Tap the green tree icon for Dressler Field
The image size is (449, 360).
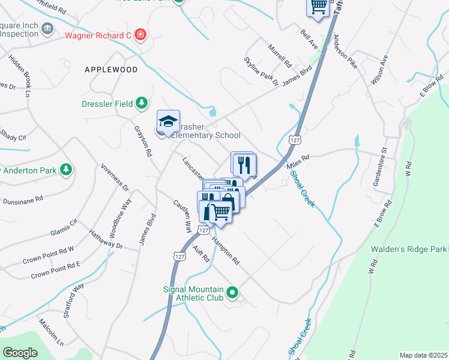(x=141, y=104)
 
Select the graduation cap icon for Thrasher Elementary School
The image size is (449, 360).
(x=168, y=121)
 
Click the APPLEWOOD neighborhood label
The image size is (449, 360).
(x=111, y=70)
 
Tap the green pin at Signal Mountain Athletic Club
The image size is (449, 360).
(x=232, y=293)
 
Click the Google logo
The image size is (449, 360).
(x=20, y=353)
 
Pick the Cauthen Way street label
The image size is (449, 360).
(x=182, y=217)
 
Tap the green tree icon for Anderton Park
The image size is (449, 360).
(x=65, y=170)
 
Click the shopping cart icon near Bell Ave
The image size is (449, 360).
(x=318, y=6)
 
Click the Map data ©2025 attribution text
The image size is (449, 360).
(x=423, y=355)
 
